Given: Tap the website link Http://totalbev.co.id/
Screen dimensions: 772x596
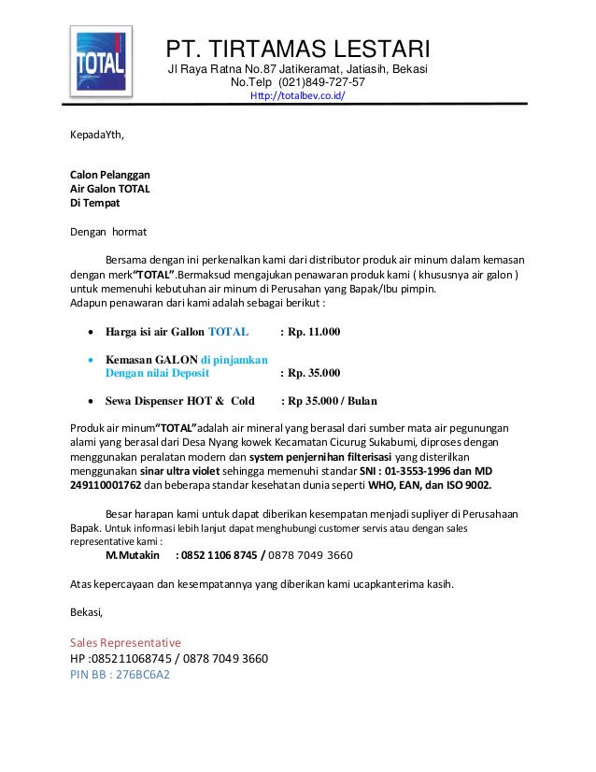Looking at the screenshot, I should click(x=298, y=95).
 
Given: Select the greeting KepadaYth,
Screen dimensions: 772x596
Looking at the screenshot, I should click(x=97, y=135).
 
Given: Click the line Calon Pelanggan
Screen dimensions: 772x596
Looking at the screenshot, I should click(x=110, y=175).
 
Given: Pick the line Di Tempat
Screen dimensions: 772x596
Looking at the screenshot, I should click(x=95, y=203).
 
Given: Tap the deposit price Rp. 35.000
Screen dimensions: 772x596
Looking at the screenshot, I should click(x=310, y=373).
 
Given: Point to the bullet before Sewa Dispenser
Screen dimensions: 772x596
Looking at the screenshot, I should click(x=89, y=402).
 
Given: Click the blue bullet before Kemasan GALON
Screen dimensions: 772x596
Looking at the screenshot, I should click(x=89, y=360).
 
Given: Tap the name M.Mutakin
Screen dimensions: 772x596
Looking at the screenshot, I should click(x=133, y=555).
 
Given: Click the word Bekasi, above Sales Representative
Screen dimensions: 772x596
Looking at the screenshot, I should click(x=87, y=612).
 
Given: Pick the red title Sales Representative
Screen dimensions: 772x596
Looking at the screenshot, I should click(x=125, y=643).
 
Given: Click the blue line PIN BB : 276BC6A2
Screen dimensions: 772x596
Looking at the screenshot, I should click(x=120, y=674).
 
